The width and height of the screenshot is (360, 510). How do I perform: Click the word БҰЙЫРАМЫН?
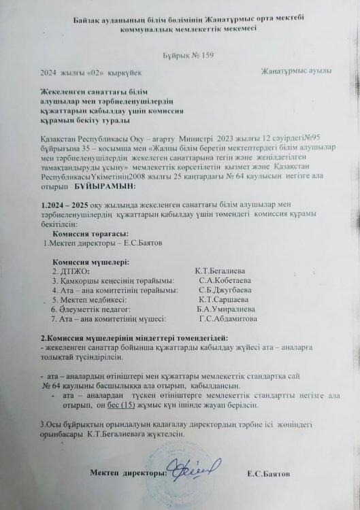104,186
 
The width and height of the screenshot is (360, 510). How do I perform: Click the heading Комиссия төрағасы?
84,232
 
